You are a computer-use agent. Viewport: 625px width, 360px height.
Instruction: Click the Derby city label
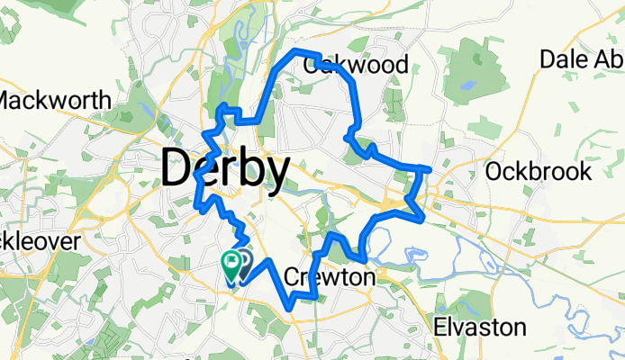click(226, 168)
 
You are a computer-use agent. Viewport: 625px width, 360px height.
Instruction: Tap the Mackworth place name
click(55, 99)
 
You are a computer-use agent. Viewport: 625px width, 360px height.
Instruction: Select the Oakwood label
click(357, 65)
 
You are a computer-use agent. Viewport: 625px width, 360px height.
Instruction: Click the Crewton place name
click(329, 278)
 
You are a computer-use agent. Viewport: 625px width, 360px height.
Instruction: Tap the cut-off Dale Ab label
click(581, 58)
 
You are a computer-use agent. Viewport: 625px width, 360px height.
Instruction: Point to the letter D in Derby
click(177, 168)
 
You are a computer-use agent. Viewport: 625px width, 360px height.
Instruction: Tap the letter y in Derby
click(278, 173)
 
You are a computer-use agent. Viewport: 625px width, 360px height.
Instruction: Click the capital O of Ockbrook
click(494, 171)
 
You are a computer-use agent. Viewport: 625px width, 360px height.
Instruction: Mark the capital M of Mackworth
click(11, 99)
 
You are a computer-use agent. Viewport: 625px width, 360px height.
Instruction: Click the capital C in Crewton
click(292, 278)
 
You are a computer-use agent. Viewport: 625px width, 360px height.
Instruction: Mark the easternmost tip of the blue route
click(431, 169)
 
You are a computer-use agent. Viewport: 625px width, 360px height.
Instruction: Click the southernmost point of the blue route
click(290, 308)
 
